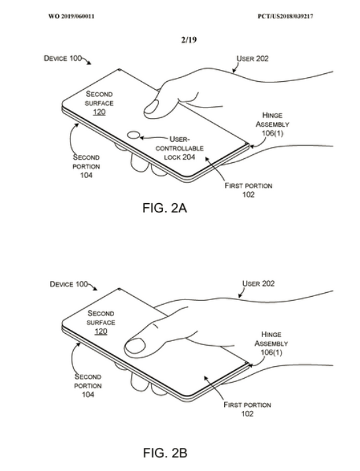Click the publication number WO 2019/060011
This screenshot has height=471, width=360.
71,16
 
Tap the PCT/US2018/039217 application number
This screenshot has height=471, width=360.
285,16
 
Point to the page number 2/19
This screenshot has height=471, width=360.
189,40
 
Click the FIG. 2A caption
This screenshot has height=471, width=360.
165,208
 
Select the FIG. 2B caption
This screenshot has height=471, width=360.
165,453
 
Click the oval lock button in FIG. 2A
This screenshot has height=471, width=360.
134,135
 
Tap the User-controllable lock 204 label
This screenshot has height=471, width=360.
179,148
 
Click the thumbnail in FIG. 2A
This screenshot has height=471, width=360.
151,108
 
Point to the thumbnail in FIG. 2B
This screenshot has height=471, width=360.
135,346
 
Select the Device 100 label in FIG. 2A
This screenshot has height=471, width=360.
63,58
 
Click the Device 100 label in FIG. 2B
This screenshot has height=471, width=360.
69,284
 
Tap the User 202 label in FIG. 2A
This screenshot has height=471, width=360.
253,59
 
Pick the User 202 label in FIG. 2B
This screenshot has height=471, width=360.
258,284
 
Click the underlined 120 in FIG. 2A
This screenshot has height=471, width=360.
99,112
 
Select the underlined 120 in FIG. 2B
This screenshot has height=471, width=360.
101,331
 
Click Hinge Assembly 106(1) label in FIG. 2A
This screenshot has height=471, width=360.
272,124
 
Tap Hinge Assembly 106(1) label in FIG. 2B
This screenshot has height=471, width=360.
271,343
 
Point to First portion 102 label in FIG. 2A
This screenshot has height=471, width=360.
249,190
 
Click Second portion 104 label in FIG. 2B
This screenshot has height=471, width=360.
88,385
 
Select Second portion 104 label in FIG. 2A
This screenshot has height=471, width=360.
86,166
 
